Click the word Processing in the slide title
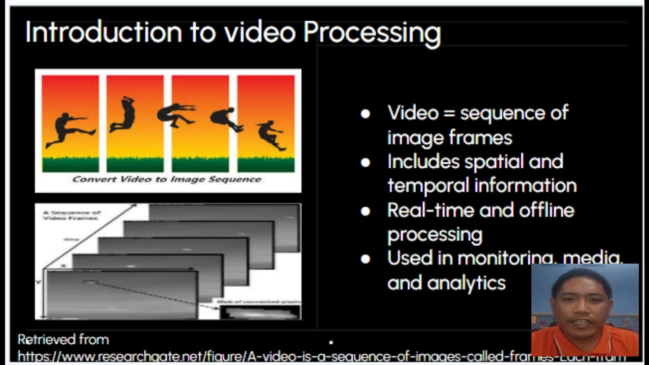click(x=372, y=33)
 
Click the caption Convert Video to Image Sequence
click(x=167, y=179)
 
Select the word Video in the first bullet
click(x=413, y=113)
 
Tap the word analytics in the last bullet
click(x=466, y=282)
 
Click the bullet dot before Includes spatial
click(x=365, y=162)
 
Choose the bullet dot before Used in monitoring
click(x=365, y=259)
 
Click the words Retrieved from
click(x=63, y=339)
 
